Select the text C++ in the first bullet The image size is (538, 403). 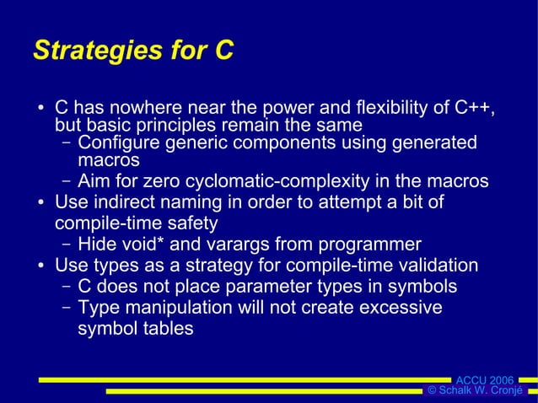[475, 110]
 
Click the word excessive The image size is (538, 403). [400, 308]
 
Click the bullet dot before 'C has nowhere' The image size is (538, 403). [40, 110]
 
